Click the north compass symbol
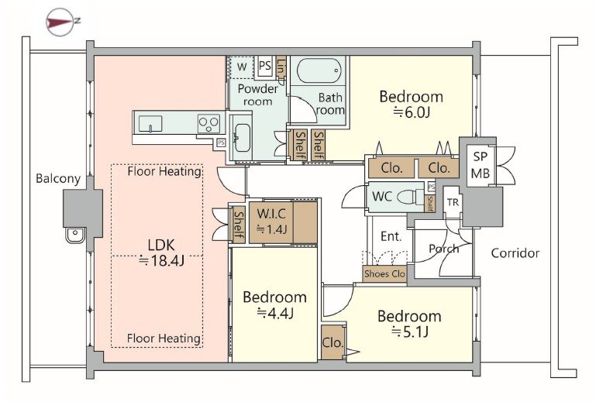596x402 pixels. (60, 22)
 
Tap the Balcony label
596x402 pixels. (58, 179)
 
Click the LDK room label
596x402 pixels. (161, 245)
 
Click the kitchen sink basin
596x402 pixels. (150, 124)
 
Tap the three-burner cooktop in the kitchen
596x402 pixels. (208, 123)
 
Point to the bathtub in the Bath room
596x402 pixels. (319, 71)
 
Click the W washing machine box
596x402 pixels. (242, 67)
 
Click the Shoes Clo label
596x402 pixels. (384, 273)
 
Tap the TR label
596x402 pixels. (453, 202)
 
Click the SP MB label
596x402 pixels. (481, 165)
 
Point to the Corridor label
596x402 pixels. (515, 253)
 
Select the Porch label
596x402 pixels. (443, 249)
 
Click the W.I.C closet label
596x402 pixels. (271, 214)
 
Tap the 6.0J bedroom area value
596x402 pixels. (412, 112)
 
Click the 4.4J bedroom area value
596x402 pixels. (275, 313)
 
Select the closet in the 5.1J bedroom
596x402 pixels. (332, 342)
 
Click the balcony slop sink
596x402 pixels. (76, 235)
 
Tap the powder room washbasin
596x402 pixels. (241, 137)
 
